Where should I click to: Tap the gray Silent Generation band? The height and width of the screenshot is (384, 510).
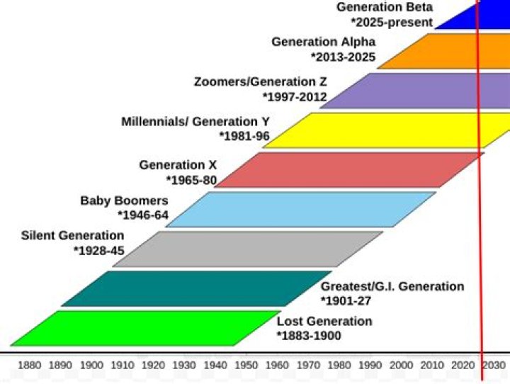pos(248,249)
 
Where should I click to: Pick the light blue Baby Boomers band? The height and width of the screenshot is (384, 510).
pos(301,209)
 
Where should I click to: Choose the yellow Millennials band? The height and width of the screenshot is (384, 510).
pos(390,130)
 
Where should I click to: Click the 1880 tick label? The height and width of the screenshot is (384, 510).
pos(29,365)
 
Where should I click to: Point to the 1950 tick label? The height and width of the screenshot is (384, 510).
pos(246,365)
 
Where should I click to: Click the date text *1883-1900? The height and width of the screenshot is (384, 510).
pos(309,335)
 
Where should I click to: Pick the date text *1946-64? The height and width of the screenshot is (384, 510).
pos(143,215)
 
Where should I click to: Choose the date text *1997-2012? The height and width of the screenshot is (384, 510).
pos(295,96)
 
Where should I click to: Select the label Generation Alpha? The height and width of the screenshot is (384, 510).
pos(323,42)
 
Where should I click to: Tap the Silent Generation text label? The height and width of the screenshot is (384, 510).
pos(72,235)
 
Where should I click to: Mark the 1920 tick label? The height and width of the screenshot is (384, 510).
pos(153,365)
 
